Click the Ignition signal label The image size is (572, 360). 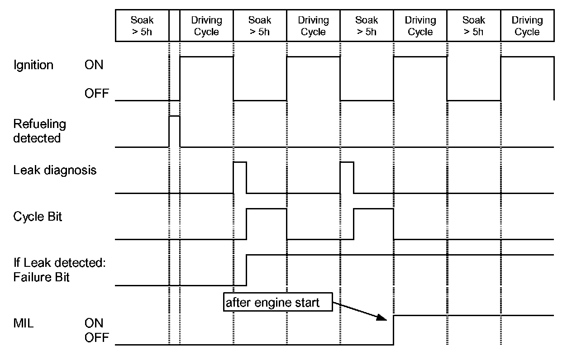pyautogui.click(x=33, y=65)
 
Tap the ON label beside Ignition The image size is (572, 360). pyautogui.click(x=94, y=65)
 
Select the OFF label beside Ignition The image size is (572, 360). pyautogui.click(x=96, y=94)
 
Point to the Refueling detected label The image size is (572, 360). pyautogui.click(x=40, y=131)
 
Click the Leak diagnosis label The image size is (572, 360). pyautogui.click(x=55, y=171)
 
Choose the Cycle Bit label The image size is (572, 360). pyautogui.click(x=38, y=217)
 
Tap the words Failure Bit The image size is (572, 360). pyautogui.click(x=42, y=277)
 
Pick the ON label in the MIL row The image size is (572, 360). pyautogui.click(x=94, y=323)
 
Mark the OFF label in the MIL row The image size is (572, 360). pyautogui.click(x=96, y=337)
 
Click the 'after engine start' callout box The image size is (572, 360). pyautogui.click(x=278, y=303)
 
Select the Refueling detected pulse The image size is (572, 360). pyautogui.click(x=174, y=131)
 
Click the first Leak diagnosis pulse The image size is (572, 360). pyautogui.click(x=240, y=177)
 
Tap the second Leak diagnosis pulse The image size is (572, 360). pyautogui.click(x=347, y=177)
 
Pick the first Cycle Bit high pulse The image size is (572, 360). pyautogui.click(x=266, y=224)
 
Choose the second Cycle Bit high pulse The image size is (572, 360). pyautogui.click(x=373, y=224)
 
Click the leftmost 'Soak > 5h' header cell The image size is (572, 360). pyautogui.click(x=142, y=26)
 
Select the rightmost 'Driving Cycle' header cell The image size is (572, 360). pyautogui.click(x=527, y=26)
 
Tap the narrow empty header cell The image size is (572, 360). pyautogui.click(x=174, y=26)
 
